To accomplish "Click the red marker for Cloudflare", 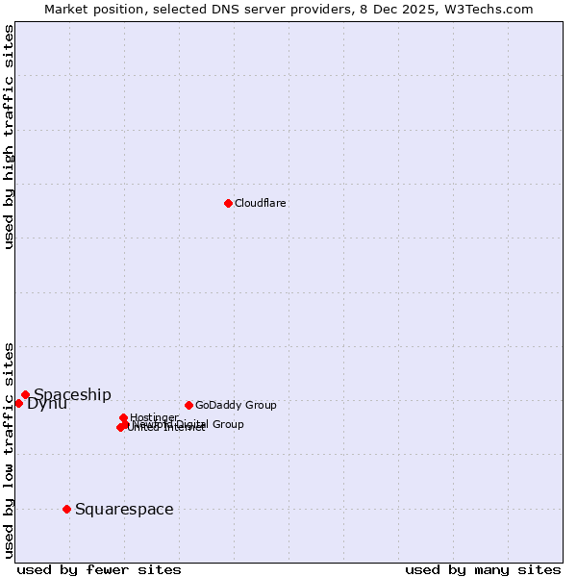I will coord(228,203).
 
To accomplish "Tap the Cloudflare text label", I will coord(261,203).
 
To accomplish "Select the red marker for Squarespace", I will coord(66,509).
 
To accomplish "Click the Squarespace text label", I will coord(124,509).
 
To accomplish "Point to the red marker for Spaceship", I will coord(26,394).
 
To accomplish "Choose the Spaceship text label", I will coord(72,394).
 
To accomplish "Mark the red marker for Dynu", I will coord(18,403).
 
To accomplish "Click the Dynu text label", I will coord(47,404).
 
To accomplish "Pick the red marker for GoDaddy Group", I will coord(188,405).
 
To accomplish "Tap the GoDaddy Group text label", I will coord(236,405).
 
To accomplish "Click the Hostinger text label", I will coord(154,417).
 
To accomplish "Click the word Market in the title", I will coord(68,9).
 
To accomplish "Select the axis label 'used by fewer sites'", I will coord(99,569).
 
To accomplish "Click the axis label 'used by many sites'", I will coord(483,569).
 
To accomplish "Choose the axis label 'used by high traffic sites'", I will coord(9,137).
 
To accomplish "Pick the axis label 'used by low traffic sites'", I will coord(9,449).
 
